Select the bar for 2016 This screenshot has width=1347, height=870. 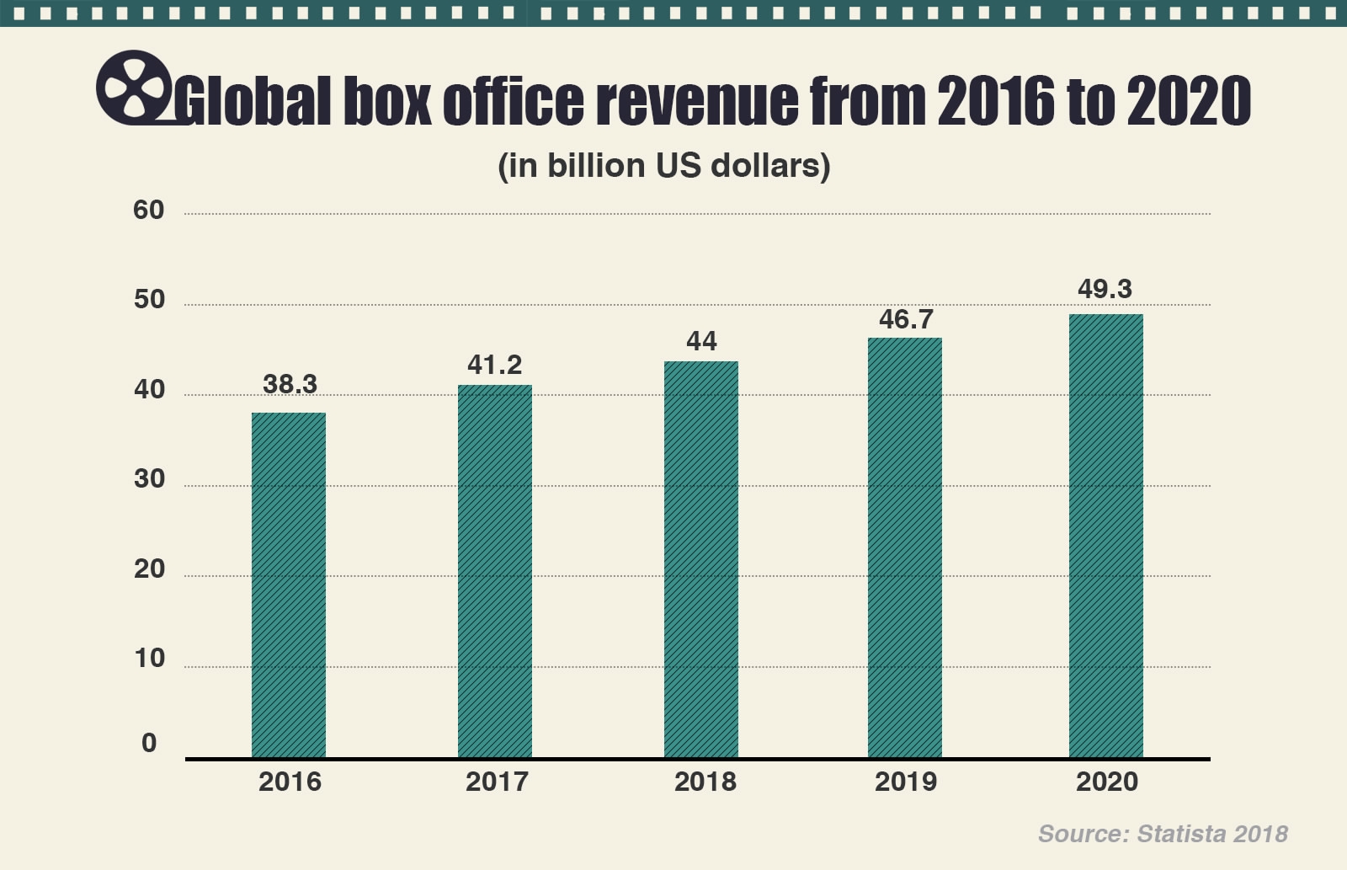click(x=289, y=585)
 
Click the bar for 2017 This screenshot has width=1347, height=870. click(x=495, y=571)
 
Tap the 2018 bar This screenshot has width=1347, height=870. click(x=701, y=559)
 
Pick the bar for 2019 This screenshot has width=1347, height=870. click(x=905, y=547)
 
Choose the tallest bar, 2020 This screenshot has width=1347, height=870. click(x=1106, y=536)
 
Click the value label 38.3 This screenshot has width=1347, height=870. click(x=290, y=384)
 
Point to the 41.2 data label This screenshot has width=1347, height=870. click(x=495, y=365)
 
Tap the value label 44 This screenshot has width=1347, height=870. click(x=701, y=341)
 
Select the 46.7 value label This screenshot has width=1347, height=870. click(x=906, y=319)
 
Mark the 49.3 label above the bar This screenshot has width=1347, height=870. click(x=1105, y=289)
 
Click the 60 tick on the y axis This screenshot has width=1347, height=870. click(x=149, y=210)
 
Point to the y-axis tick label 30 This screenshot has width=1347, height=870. click(x=149, y=479)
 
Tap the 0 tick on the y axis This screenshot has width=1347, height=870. click(x=149, y=743)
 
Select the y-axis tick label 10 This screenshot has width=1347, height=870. click(x=149, y=659)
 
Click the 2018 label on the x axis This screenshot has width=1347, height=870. click(x=705, y=782)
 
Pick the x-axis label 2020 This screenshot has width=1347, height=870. click(x=1107, y=782)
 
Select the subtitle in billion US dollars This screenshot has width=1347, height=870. click(x=664, y=166)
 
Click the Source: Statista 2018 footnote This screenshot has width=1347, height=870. click(x=1163, y=834)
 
